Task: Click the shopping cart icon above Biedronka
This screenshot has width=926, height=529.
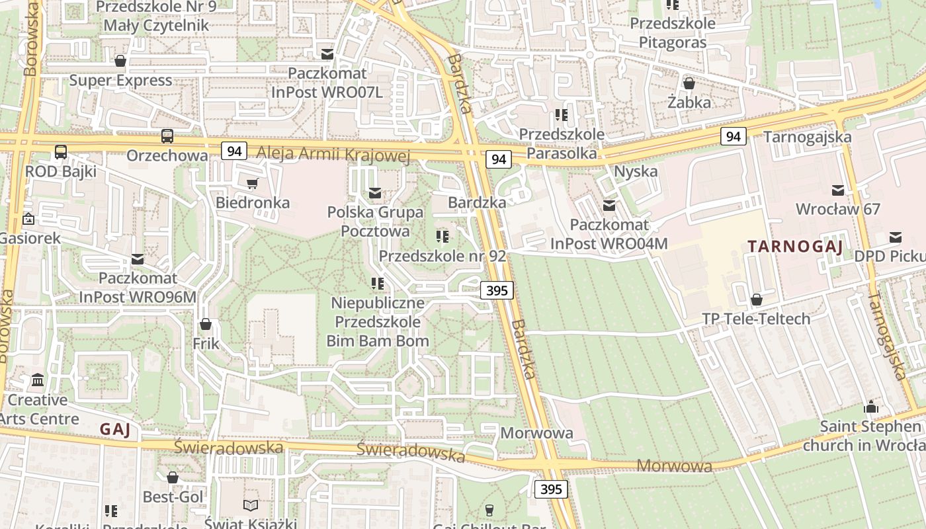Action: [252, 183]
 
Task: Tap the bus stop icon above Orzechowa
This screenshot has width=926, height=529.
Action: [167, 136]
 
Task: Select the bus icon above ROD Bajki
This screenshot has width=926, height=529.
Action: [61, 152]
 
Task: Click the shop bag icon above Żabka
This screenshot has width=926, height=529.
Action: [689, 83]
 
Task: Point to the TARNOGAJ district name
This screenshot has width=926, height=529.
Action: [795, 247]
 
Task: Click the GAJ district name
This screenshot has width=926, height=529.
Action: [115, 429]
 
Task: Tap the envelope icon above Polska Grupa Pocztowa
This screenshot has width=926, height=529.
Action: [375, 193]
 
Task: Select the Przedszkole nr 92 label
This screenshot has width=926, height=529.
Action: [442, 255]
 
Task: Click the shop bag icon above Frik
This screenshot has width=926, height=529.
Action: [206, 324]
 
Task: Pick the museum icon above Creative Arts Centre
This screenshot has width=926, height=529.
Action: [38, 380]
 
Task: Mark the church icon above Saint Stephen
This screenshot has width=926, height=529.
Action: [871, 407]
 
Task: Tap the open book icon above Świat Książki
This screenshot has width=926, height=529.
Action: [251, 506]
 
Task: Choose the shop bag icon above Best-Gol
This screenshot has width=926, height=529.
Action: [173, 477]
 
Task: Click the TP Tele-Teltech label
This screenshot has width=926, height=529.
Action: [756, 319]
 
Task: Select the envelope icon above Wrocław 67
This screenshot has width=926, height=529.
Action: [838, 190]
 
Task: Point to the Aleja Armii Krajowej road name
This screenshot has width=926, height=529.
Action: [333, 154]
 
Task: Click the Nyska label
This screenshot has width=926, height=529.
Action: [636, 171]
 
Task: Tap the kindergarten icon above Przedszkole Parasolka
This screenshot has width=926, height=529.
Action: [562, 115]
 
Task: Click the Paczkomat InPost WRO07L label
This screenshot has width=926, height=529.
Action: [327, 82]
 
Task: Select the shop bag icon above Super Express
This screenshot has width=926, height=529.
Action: [120, 61]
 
